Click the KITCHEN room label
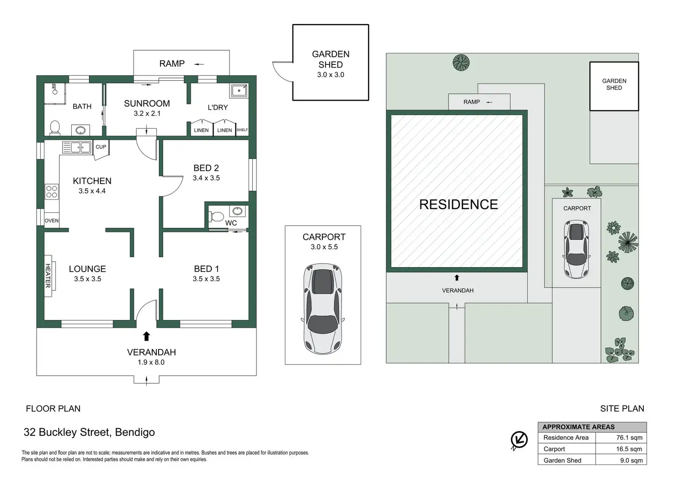92,181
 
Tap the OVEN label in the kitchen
52,221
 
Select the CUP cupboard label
101,147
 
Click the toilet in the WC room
217,216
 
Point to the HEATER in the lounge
48,275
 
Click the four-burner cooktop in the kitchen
52,191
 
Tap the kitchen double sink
77,148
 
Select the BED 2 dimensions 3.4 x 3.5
206,178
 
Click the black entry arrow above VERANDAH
146,337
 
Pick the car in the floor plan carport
323,308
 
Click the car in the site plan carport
577,249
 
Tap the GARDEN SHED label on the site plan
614,84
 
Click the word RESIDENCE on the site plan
459,205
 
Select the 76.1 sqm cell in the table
629,438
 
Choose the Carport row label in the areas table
554,449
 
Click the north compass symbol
519,440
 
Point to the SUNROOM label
147,104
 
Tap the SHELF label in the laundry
242,130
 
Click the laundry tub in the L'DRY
239,90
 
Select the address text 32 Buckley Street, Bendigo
89,432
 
